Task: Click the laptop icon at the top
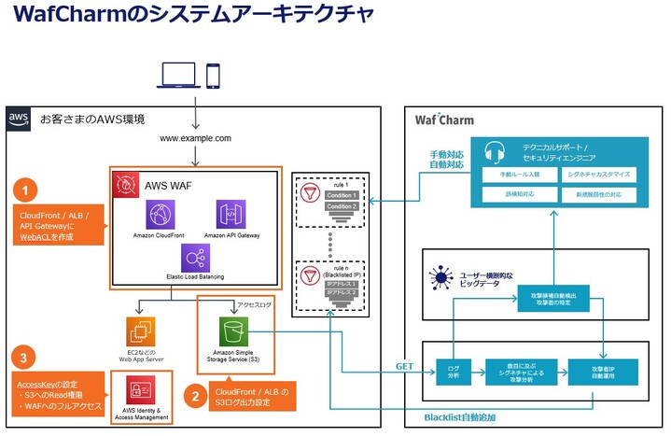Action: (179, 76)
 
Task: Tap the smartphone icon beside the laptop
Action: (214, 76)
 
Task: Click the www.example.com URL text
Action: (195, 138)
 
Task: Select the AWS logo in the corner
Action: (19, 119)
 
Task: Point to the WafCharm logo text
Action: (443, 120)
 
